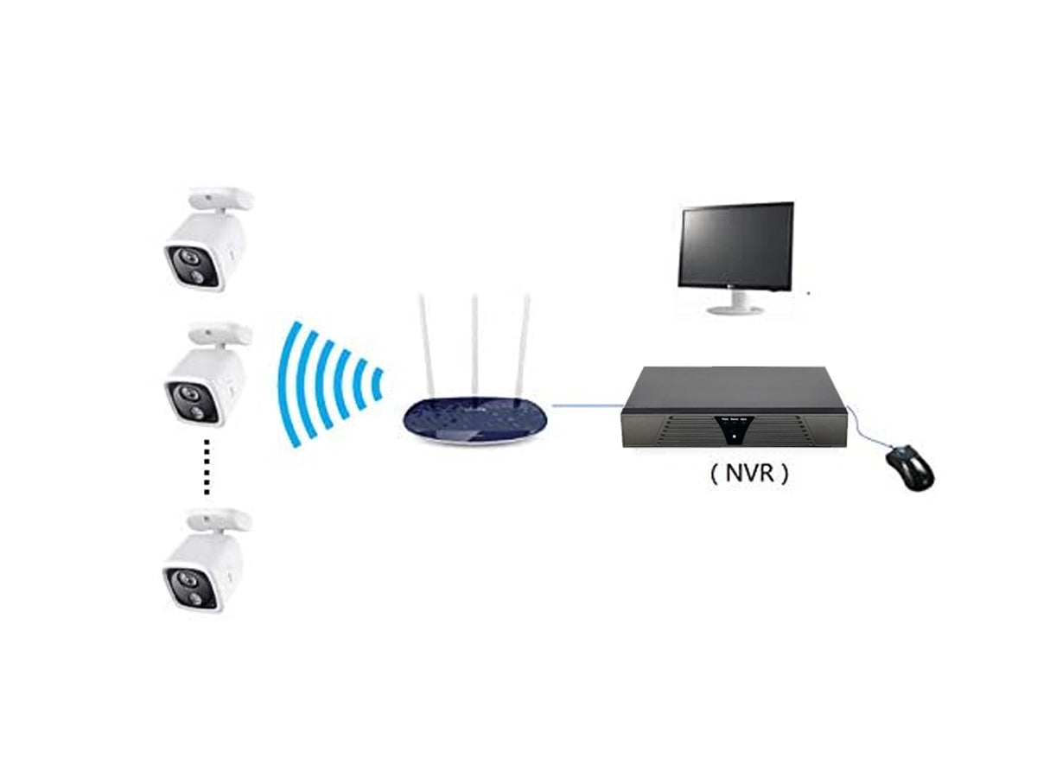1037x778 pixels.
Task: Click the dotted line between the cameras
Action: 207,467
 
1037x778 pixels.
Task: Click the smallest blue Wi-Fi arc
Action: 377,385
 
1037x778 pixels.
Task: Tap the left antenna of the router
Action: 426,346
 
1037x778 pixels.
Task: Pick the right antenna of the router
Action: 522,346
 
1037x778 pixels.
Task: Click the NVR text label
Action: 749,474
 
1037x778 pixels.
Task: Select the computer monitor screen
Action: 736,246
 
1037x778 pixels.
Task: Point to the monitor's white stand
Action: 737,303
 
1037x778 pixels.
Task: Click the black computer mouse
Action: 909,467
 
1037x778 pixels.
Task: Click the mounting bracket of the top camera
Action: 220,199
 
